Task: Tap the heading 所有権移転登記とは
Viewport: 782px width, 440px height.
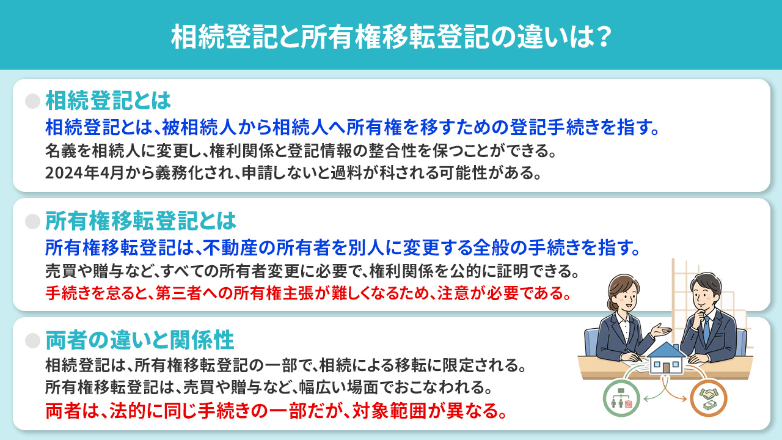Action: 141,220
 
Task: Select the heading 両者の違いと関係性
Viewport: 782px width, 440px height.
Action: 140,340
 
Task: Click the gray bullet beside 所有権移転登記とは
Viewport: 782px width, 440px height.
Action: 32,221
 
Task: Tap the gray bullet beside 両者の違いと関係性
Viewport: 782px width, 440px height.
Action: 32,340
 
